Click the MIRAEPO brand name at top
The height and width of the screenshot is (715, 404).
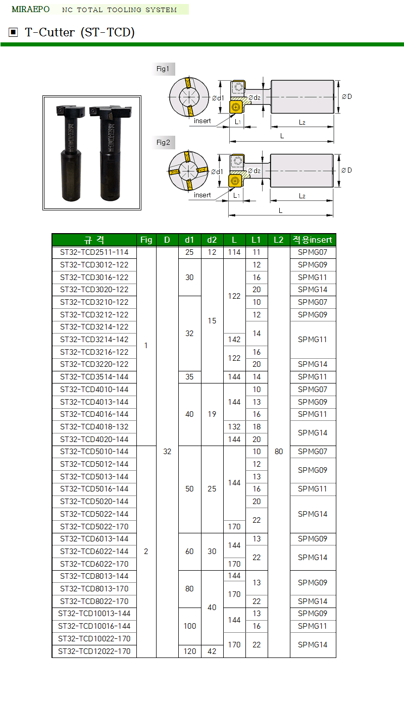30,10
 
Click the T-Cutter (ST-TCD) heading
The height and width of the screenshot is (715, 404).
80,33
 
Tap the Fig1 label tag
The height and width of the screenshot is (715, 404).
163,69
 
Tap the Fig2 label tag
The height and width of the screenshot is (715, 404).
163,142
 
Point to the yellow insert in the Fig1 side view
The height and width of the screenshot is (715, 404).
235,106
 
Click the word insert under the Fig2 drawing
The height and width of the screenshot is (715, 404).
203,195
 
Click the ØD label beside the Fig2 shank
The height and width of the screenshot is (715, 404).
346,170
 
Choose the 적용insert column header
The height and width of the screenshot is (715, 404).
313,240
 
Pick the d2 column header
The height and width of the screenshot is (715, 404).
212,240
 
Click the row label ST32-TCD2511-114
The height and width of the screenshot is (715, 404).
94,252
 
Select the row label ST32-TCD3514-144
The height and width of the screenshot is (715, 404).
94,377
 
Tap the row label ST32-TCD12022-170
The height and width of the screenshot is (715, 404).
94,651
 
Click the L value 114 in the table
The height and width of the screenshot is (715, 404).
234,252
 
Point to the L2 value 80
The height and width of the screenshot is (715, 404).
279,452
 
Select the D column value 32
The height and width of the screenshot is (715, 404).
167,452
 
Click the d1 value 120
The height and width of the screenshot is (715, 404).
189,651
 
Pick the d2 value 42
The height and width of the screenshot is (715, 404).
212,651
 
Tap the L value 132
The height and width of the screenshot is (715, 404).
234,427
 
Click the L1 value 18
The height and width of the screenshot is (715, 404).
257,427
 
